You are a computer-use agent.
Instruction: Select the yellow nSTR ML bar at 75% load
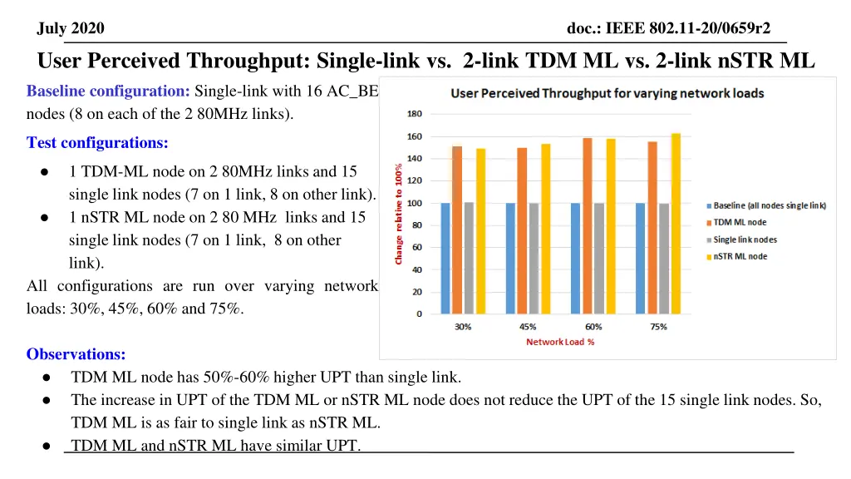tap(676, 224)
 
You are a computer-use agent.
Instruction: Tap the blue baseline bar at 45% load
tap(510, 258)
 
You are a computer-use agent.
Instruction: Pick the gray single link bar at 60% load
tap(598, 258)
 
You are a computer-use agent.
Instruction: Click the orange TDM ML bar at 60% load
tap(587, 225)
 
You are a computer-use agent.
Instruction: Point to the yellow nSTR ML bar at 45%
tap(545, 228)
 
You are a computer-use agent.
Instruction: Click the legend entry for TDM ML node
tap(739, 223)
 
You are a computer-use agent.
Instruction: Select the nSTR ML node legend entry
tap(739, 256)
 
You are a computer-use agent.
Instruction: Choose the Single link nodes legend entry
tap(744, 239)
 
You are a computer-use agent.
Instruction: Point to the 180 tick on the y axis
tap(414, 114)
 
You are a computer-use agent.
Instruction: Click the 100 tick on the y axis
tap(414, 203)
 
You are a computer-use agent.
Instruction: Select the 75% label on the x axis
tap(658, 327)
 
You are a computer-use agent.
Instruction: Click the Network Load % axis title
tap(560, 342)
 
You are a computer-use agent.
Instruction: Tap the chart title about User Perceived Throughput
tap(608, 93)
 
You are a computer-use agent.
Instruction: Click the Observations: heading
tap(76, 354)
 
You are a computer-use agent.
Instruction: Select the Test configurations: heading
tap(97, 143)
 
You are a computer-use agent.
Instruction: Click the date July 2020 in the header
tap(71, 29)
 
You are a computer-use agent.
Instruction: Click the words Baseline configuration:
tap(108, 91)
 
